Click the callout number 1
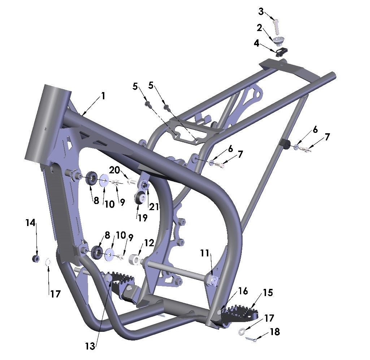[x=103, y=96]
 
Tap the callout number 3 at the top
[x=261, y=12]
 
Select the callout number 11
[x=205, y=253]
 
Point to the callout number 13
[x=90, y=346]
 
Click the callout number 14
[x=30, y=223]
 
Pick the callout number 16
[x=243, y=291]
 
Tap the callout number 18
[x=275, y=331]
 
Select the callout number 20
[x=114, y=170]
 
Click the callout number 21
[x=154, y=206]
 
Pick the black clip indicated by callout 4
[x=281, y=53]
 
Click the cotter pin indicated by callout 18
[x=251, y=339]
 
